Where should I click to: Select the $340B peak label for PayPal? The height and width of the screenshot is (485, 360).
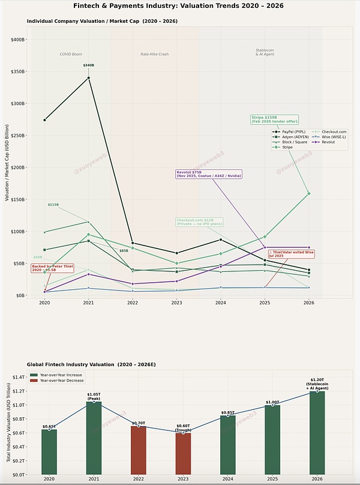click(88, 65)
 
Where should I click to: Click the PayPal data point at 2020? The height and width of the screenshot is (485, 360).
click(44, 120)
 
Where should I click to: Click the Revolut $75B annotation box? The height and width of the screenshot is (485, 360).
click(201, 174)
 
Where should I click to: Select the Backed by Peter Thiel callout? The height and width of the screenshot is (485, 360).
click(53, 268)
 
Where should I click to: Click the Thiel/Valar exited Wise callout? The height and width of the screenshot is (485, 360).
click(292, 255)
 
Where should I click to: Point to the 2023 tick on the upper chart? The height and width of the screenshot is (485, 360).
click(177, 303)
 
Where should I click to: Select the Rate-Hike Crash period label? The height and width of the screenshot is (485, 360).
click(155, 54)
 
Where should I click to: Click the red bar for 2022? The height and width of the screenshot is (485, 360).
click(139, 450)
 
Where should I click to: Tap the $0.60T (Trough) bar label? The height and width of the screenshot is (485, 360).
click(183, 428)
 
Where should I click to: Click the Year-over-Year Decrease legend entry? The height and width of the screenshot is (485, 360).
click(61, 381)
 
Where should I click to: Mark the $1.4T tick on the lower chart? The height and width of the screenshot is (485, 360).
click(17, 377)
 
